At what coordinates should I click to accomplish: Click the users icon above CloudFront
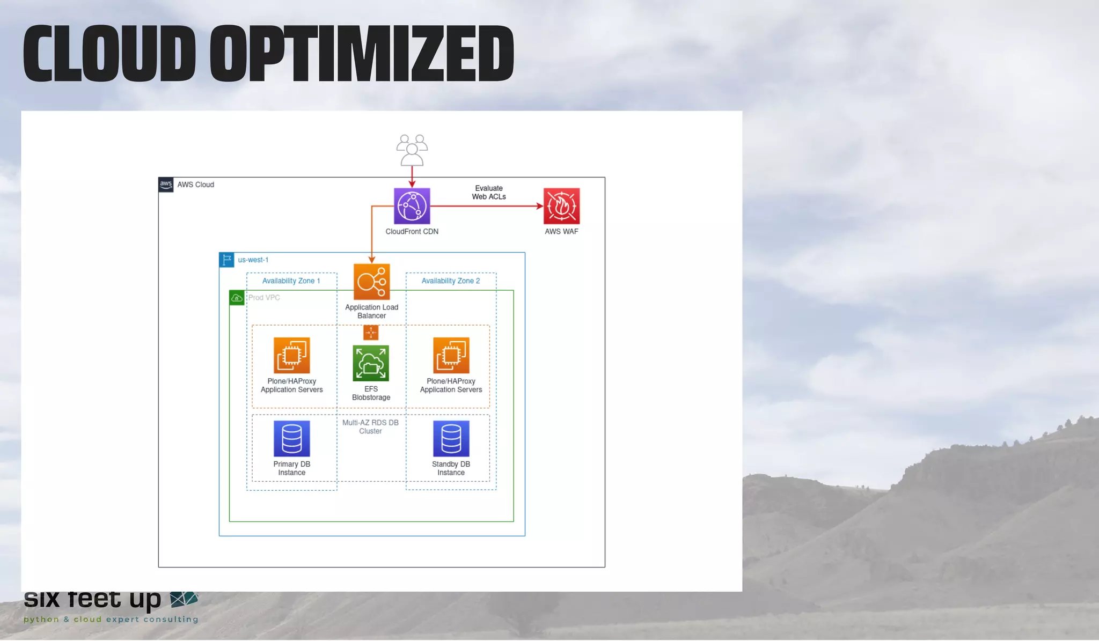(412, 150)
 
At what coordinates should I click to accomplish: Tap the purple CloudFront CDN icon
(412, 206)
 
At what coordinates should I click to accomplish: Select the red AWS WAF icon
(561, 206)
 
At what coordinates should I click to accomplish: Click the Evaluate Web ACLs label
(489, 193)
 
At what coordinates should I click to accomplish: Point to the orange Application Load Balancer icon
(371, 282)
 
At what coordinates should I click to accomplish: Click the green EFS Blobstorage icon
(371, 363)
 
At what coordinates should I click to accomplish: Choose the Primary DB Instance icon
(291, 438)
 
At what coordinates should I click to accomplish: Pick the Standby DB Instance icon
(451, 438)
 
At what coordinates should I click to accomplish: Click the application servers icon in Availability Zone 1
(291, 355)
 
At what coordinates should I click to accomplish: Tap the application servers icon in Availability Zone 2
(451, 355)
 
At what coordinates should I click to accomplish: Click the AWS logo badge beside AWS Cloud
(166, 185)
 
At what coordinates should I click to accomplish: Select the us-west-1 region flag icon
(226, 260)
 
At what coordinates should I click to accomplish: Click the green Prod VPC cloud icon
(237, 298)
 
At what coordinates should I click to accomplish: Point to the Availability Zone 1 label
(291, 281)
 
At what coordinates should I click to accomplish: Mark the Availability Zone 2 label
(450, 281)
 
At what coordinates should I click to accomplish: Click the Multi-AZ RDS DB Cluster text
(370, 427)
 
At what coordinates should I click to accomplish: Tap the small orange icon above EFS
(371, 333)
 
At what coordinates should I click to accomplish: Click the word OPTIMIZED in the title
(362, 54)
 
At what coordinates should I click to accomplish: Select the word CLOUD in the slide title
(109, 54)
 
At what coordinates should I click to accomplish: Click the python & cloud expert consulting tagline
(111, 620)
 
